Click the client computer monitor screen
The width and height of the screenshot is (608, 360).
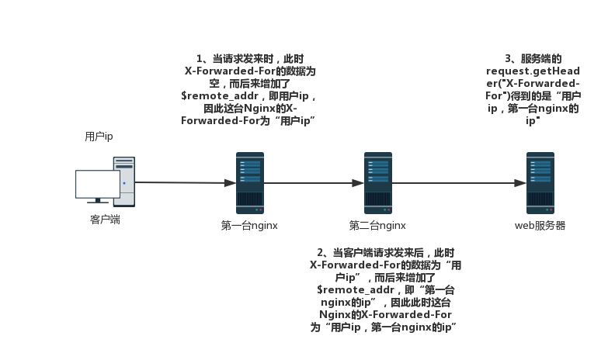(x=98, y=184)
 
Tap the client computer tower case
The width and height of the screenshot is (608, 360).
(x=124, y=181)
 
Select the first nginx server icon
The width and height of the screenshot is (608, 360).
(x=250, y=183)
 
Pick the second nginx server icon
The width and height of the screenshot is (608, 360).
(x=378, y=183)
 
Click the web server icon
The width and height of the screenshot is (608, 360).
(x=540, y=183)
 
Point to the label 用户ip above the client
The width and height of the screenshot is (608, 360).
(x=99, y=137)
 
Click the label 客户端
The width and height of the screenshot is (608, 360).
(x=105, y=220)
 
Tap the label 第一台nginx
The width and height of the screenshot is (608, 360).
(x=249, y=226)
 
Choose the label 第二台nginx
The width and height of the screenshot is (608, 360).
(x=377, y=226)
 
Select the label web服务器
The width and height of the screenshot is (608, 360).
(x=540, y=226)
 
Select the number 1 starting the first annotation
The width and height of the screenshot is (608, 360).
(x=199, y=59)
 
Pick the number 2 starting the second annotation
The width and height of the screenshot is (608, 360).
(x=321, y=253)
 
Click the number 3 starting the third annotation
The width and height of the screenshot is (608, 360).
(x=509, y=59)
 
